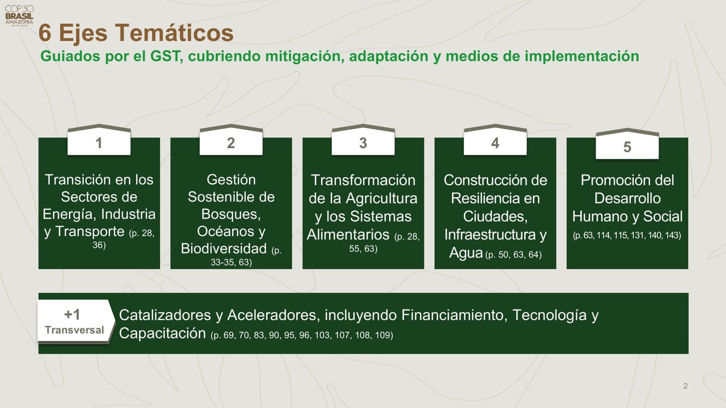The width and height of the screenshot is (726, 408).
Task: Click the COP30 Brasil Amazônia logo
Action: click(x=19, y=15)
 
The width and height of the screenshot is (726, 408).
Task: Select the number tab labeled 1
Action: click(x=99, y=143)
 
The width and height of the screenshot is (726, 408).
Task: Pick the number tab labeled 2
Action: click(x=231, y=143)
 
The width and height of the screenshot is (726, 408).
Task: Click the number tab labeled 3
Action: click(x=363, y=143)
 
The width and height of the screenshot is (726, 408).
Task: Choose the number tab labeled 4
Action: click(x=495, y=143)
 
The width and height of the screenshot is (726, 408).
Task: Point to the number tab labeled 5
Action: click(x=627, y=146)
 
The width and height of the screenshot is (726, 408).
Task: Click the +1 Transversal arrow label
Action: click(x=74, y=321)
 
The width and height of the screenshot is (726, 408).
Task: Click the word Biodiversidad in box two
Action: click(x=224, y=248)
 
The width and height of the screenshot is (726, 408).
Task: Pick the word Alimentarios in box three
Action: click(x=348, y=234)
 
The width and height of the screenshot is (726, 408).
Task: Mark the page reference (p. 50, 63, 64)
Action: click(x=513, y=255)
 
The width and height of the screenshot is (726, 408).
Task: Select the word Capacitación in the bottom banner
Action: click(x=162, y=333)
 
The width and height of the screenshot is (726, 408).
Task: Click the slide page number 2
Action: click(x=685, y=386)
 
